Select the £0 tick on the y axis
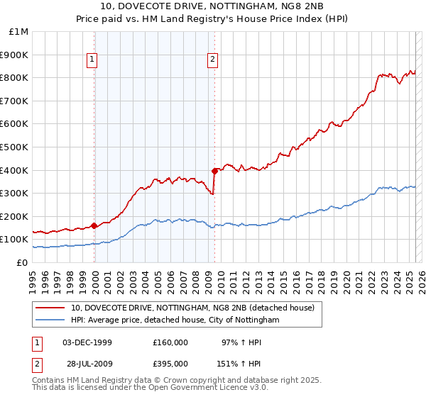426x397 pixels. click(x=23, y=262)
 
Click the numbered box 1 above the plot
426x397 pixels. click(x=93, y=60)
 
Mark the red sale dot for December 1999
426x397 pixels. click(x=94, y=225)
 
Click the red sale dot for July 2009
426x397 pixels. click(x=214, y=171)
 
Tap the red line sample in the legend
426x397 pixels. click(x=50, y=308)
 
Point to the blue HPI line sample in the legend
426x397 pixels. click(x=50, y=320)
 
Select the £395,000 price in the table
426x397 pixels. click(x=170, y=364)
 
